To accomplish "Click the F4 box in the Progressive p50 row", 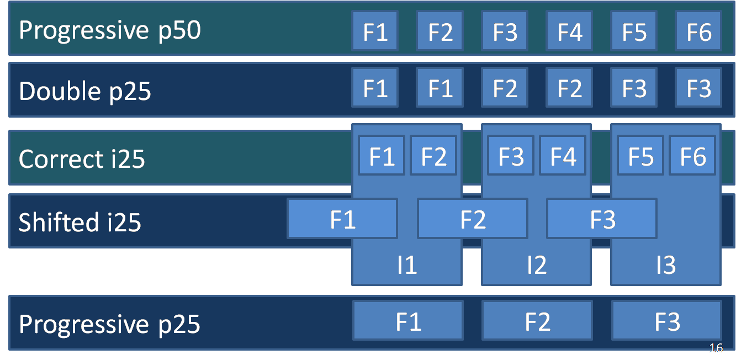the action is [569, 31].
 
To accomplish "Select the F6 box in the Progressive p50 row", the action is [698, 31].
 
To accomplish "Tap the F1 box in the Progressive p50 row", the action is [375, 31].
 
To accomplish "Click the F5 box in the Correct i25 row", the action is [640, 155].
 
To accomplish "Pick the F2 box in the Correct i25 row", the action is [433, 155].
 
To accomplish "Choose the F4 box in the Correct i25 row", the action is [563, 155].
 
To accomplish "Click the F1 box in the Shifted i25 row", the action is [342, 219].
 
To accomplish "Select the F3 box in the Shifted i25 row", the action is [602, 219].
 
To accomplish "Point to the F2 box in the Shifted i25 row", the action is [473, 219].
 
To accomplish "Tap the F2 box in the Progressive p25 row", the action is [537, 321].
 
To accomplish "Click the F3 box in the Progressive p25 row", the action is [666, 321].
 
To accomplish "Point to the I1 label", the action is [407, 264].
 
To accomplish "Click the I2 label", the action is [537, 264].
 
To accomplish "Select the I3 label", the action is [666, 264].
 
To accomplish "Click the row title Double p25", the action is [85, 91].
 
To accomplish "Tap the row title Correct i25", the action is [82, 159].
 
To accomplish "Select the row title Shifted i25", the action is [80, 222].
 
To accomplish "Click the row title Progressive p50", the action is [110, 31].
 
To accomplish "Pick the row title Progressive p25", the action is [109, 325].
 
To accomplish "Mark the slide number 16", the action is [716, 347].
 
